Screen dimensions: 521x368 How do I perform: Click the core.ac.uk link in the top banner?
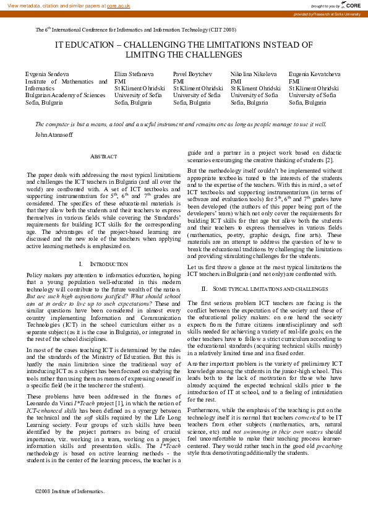tap(118, 5)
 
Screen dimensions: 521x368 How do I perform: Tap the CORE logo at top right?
tap(351, 5)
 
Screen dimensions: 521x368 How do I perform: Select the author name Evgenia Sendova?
tap(47, 74)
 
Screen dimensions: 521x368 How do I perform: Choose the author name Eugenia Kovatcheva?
tap(314, 74)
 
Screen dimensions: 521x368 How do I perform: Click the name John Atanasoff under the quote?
tap(54, 134)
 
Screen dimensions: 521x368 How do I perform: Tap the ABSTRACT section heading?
tap(103, 158)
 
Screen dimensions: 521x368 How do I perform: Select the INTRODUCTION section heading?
tap(103, 264)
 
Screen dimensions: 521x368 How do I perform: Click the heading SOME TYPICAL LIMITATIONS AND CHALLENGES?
tap(263, 289)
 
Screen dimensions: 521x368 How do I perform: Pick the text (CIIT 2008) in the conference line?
tap(221, 29)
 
